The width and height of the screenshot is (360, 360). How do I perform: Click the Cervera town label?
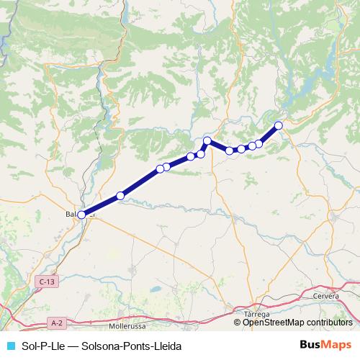click(x=326, y=295)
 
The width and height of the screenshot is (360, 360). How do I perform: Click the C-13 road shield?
click(x=48, y=282)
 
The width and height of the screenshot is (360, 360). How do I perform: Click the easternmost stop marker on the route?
click(x=279, y=126)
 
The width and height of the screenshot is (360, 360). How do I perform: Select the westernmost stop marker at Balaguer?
click(x=81, y=215)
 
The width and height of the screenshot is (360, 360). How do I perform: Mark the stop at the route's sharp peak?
click(x=207, y=140)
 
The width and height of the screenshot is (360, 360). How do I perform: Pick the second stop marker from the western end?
click(x=120, y=195)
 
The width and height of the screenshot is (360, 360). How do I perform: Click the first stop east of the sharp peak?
click(x=229, y=150)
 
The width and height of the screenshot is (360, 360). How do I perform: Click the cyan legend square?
click(x=10, y=346)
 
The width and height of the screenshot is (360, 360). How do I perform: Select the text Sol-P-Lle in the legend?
click(x=41, y=346)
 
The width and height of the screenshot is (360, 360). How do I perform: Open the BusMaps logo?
click(x=325, y=346)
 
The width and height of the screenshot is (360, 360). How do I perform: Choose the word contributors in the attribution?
click(x=330, y=323)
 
